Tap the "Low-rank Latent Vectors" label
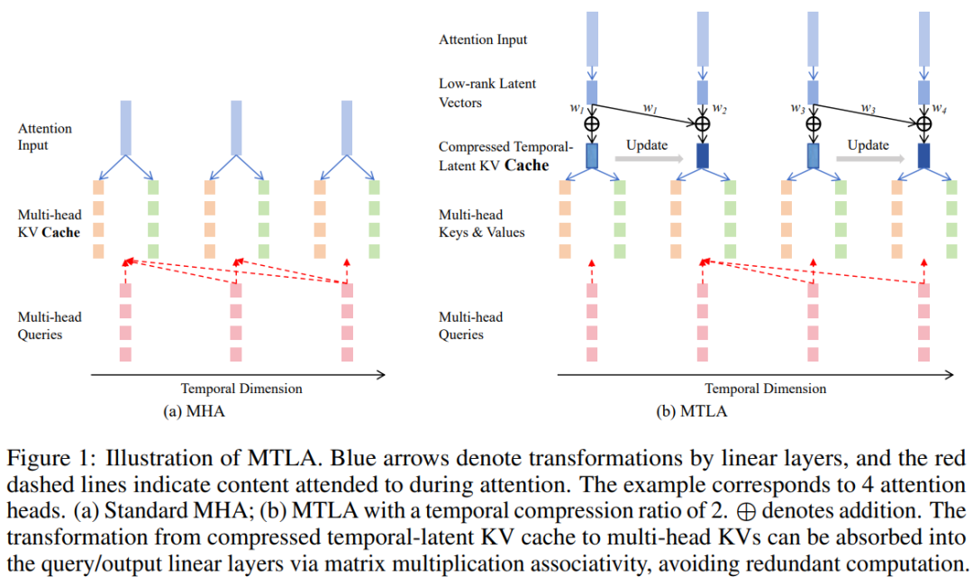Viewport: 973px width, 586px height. [486, 93]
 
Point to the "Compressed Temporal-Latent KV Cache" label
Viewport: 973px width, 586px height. [505, 155]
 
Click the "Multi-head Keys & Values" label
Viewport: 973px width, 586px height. [481, 224]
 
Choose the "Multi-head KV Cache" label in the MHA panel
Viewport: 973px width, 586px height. [49, 224]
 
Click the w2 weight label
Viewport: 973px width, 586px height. [719, 108]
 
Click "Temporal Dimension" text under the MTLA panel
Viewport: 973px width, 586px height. [765, 389]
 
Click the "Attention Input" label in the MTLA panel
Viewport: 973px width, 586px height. [483, 40]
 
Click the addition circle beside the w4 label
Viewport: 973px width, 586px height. [923, 124]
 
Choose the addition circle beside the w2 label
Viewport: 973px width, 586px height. [701, 124]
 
